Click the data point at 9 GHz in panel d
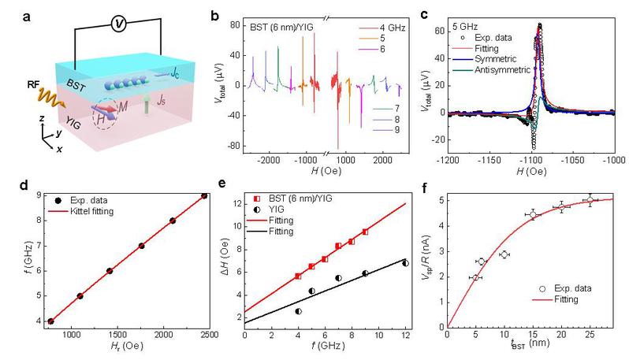tap(204, 196)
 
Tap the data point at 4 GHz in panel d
tap(50, 321)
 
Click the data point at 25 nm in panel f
tap(590, 200)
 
